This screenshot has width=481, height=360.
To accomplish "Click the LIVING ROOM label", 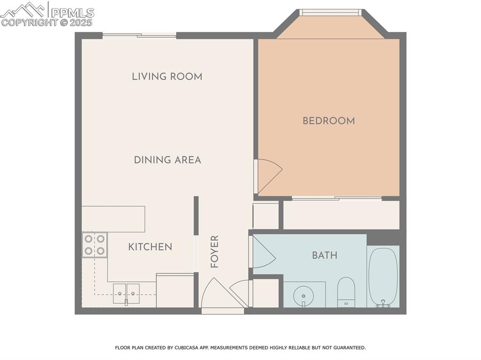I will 167,76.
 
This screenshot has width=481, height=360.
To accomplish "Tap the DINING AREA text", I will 167,160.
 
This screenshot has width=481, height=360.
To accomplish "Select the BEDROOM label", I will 328,121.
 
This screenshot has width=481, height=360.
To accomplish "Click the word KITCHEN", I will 150,246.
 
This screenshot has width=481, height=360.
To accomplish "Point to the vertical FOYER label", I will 215,252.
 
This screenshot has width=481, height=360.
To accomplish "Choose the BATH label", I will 325,255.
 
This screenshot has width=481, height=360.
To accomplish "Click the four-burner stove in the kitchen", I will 94,245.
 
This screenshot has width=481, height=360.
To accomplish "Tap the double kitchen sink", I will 126,293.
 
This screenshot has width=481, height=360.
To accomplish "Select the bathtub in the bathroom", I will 383,277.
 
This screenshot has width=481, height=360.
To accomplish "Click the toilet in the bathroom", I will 346,291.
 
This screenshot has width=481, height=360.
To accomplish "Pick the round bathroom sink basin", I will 303,296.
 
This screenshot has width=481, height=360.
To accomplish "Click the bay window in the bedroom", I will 330,13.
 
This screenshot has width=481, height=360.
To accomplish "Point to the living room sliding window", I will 139,35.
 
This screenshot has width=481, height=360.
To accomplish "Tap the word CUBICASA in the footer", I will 189,348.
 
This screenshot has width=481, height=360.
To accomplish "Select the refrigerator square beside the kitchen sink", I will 175,291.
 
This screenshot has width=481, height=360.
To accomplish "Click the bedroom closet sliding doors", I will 336,199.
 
